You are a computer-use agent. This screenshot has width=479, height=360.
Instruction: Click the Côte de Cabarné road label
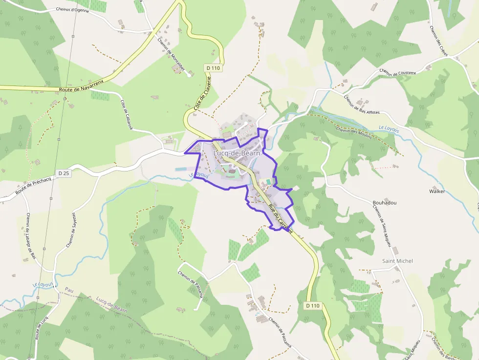[x=127, y=115]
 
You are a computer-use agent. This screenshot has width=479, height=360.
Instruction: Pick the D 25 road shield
[x=64, y=173]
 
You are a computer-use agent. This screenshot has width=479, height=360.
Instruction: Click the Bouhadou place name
[x=385, y=202]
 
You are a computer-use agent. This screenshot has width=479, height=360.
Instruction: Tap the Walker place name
[x=437, y=191]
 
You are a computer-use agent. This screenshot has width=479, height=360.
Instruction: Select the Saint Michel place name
[x=397, y=261]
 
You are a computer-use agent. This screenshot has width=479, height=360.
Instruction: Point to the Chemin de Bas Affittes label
[x=361, y=104]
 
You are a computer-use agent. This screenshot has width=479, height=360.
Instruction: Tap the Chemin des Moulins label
[x=354, y=132]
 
